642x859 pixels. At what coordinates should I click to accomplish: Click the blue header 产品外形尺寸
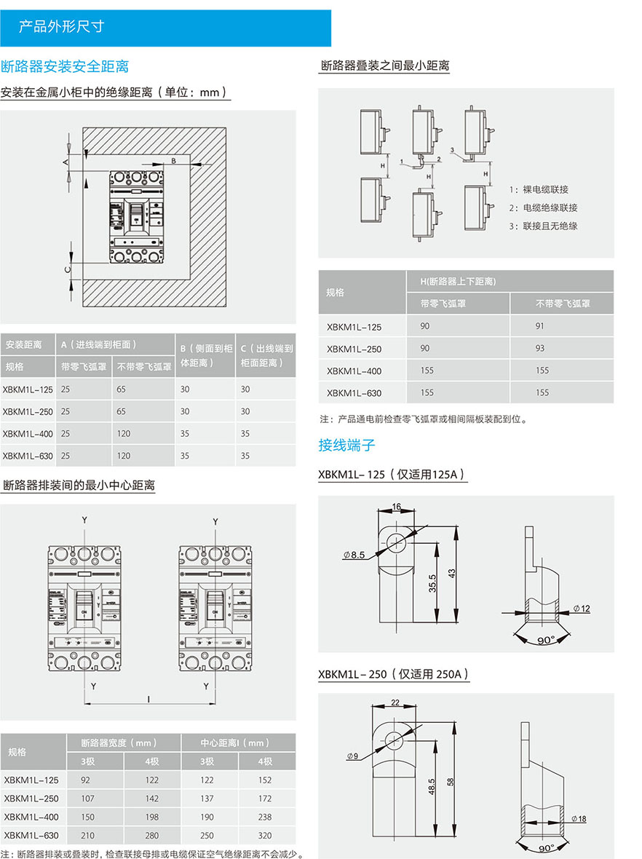pyautogui.click(x=61, y=27)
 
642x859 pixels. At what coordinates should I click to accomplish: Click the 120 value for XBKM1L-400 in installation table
pyautogui.click(x=124, y=434)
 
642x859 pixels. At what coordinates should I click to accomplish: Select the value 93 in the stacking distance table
pyautogui.click(x=539, y=349)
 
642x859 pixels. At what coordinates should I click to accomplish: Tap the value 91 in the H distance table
pyautogui.click(x=539, y=326)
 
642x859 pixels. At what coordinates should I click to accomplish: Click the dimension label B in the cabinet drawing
pyautogui.click(x=174, y=159)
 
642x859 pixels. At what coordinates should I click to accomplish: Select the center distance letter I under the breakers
pyautogui.click(x=148, y=699)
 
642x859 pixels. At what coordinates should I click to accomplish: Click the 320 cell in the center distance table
pyautogui.click(x=264, y=836)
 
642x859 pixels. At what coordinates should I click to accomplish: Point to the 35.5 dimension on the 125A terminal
pyautogui.click(x=433, y=583)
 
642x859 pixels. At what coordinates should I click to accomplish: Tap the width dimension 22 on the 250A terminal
pyautogui.click(x=395, y=702)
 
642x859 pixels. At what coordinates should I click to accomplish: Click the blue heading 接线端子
pyautogui.click(x=347, y=445)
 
